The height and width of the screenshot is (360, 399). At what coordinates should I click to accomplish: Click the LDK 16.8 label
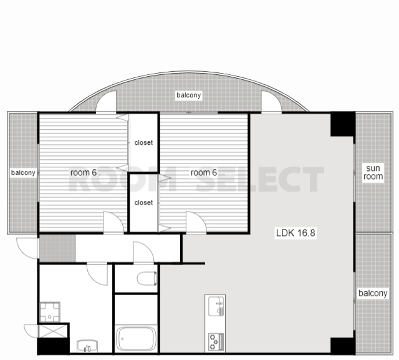(296, 233)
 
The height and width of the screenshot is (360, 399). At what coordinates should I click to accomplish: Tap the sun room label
(373, 172)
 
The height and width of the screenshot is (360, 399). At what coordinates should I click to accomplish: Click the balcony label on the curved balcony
(189, 95)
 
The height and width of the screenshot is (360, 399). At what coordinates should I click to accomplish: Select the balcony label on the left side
(23, 173)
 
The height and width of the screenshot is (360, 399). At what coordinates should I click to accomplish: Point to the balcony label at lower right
(373, 293)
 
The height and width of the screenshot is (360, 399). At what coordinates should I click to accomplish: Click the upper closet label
(143, 143)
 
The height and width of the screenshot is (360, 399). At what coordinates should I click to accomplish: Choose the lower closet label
(143, 203)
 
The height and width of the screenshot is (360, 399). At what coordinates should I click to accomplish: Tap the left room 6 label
(84, 172)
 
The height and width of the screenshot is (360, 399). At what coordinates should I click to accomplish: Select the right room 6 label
(204, 172)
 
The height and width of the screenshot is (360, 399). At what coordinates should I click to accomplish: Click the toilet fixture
(147, 278)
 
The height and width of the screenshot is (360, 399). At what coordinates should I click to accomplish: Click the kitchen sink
(216, 306)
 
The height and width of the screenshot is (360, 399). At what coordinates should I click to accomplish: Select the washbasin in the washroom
(87, 346)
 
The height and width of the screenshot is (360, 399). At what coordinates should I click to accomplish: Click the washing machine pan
(50, 312)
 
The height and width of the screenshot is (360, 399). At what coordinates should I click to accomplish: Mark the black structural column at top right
(343, 124)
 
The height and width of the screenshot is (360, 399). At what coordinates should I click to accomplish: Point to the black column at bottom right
(342, 346)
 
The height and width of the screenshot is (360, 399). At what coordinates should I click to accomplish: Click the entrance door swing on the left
(27, 248)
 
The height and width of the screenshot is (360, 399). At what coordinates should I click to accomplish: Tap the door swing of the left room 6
(113, 221)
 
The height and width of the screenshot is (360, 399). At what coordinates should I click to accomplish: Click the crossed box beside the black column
(53, 331)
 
